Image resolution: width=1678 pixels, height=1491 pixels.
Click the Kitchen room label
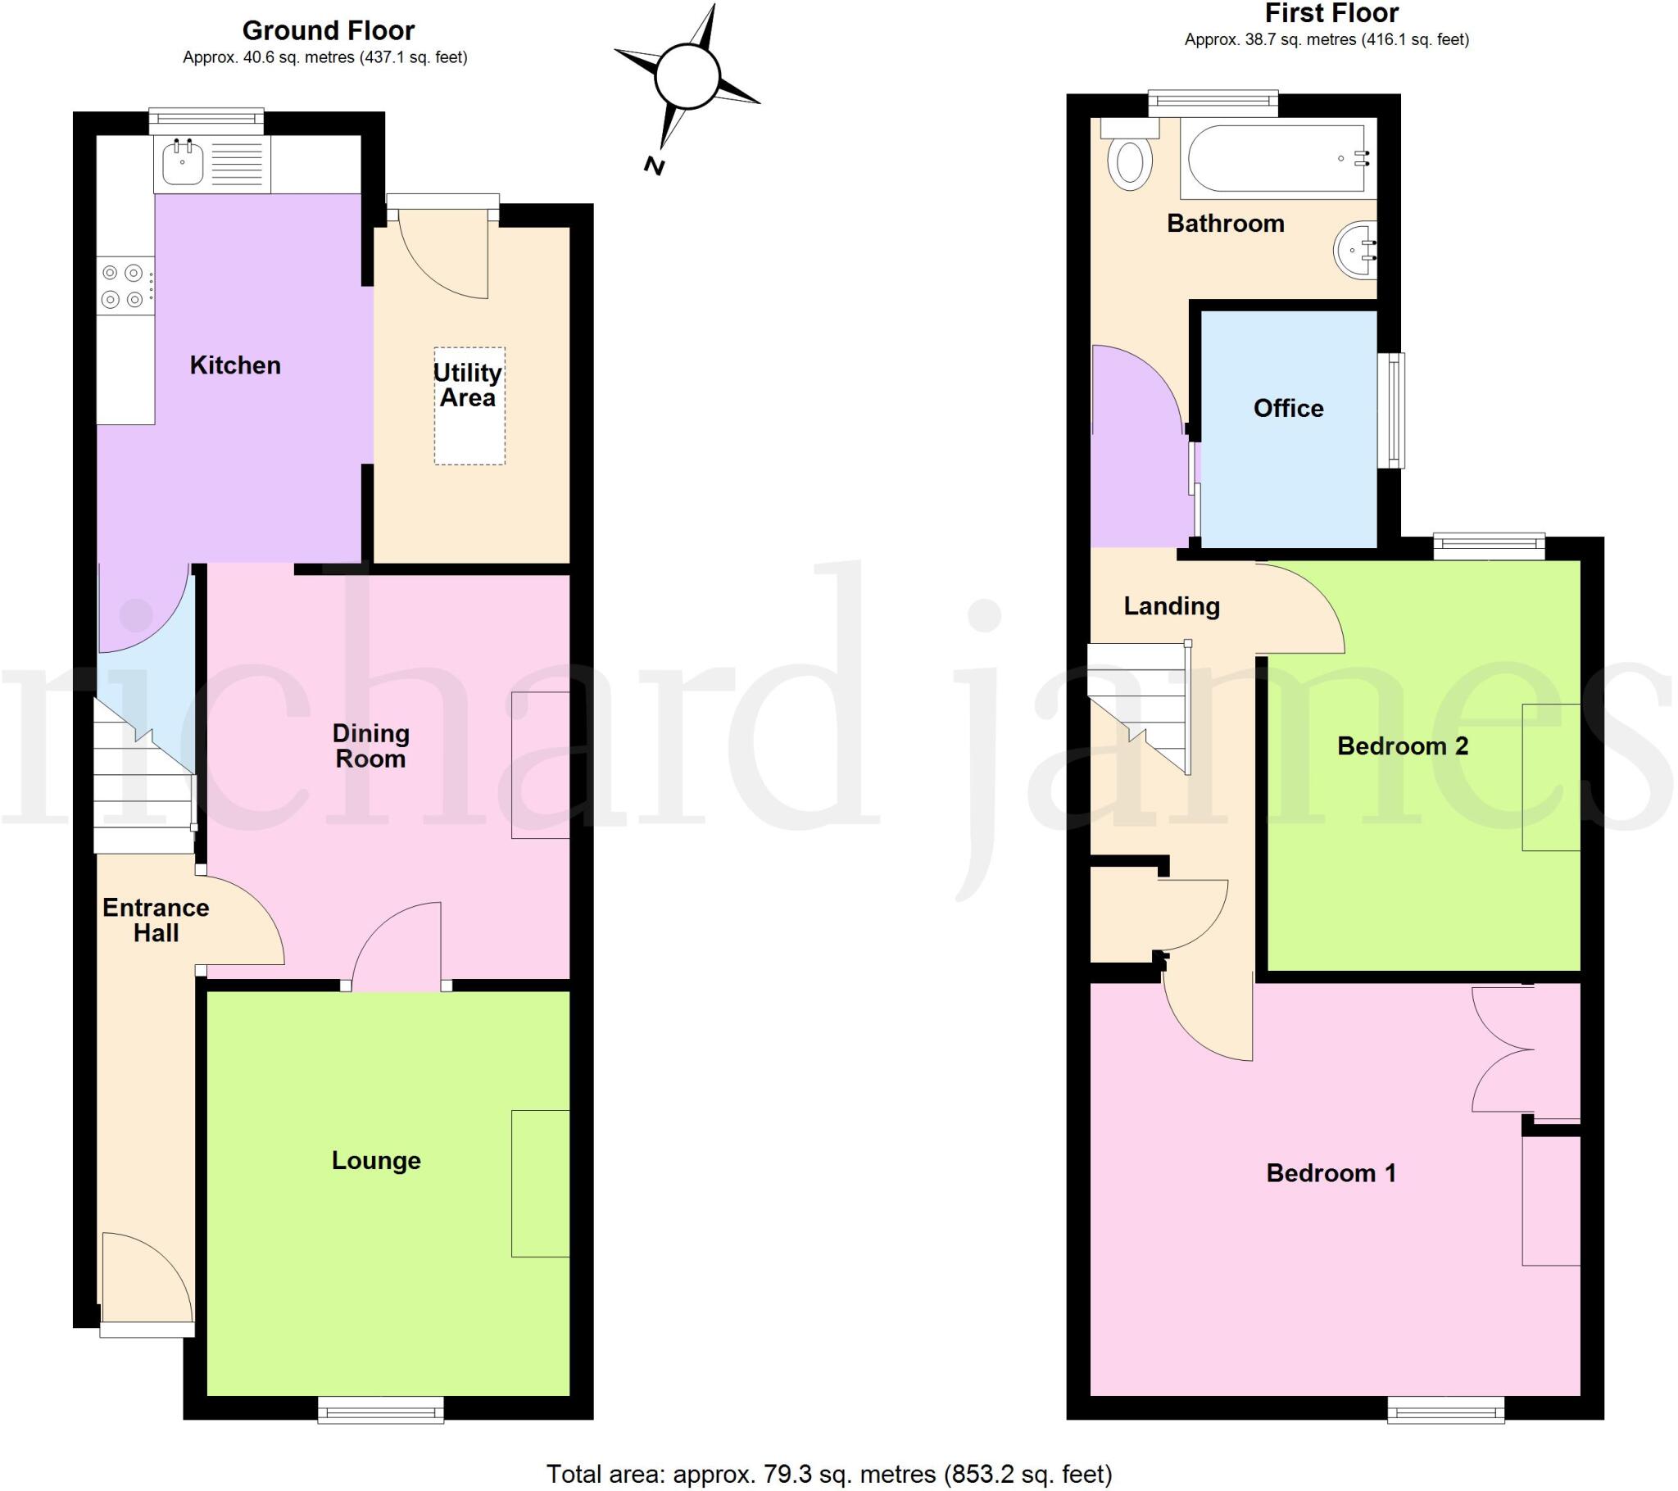(235, 365)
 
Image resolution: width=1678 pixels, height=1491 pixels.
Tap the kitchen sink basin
(182, 163)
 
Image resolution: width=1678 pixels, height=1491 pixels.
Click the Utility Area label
(468, 385)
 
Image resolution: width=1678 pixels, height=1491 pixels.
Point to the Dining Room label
(371, 745)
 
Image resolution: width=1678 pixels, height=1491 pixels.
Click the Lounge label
(376, 1160)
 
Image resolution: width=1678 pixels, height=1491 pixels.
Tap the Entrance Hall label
(156, 920)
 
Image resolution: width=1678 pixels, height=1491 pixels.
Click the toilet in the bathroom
(1130, 161)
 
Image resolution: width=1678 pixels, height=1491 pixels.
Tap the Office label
(1288, 408)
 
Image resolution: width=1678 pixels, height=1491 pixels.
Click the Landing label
(1172, 606)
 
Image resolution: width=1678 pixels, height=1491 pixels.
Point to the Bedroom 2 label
(1402, 745)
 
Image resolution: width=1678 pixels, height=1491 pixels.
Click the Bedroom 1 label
(1331, 1173)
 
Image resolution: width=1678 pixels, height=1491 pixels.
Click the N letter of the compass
(654, 165)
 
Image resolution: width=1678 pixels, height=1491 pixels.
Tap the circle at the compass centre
(687, 76)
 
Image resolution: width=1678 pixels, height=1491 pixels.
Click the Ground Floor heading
(329, 30)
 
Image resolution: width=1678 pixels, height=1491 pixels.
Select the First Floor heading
(1331, 13)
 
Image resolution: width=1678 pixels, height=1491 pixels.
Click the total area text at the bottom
(829, 1474)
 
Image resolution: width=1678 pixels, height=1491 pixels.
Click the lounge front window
(381, 1411)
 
